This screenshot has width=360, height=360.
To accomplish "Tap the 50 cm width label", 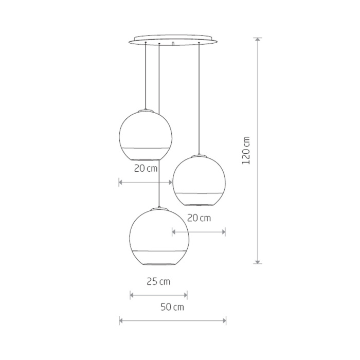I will pos(172,308).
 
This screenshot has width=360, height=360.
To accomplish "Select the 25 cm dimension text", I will pos(158,281).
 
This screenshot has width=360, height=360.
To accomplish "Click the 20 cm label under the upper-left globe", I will pos(146,168).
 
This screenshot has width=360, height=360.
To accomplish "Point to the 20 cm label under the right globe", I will pos(199,218).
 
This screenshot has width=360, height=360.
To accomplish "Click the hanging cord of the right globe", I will pos(199,98).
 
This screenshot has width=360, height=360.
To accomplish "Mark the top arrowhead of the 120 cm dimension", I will pos(258,40).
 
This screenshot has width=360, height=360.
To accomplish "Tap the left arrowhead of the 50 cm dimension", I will pos(121,321).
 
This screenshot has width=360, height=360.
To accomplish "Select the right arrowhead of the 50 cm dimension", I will pos(224,321).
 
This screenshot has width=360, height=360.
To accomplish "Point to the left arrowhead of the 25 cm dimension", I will pos(132,295).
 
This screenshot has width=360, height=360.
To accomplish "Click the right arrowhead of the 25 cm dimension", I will pos(186,295).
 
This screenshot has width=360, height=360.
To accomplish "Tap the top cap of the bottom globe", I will pos(159,208).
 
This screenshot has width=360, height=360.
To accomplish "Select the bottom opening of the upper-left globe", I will pos(146,159).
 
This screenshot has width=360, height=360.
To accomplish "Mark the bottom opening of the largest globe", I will pos(159,263).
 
